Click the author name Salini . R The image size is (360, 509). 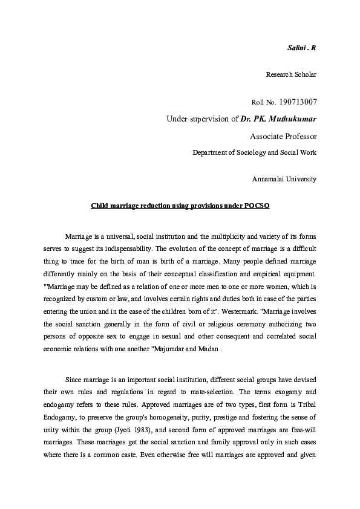[x=301, y=47]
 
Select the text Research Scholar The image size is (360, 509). [x=291, y=74]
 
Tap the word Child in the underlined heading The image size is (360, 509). [x=100, y=206]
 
